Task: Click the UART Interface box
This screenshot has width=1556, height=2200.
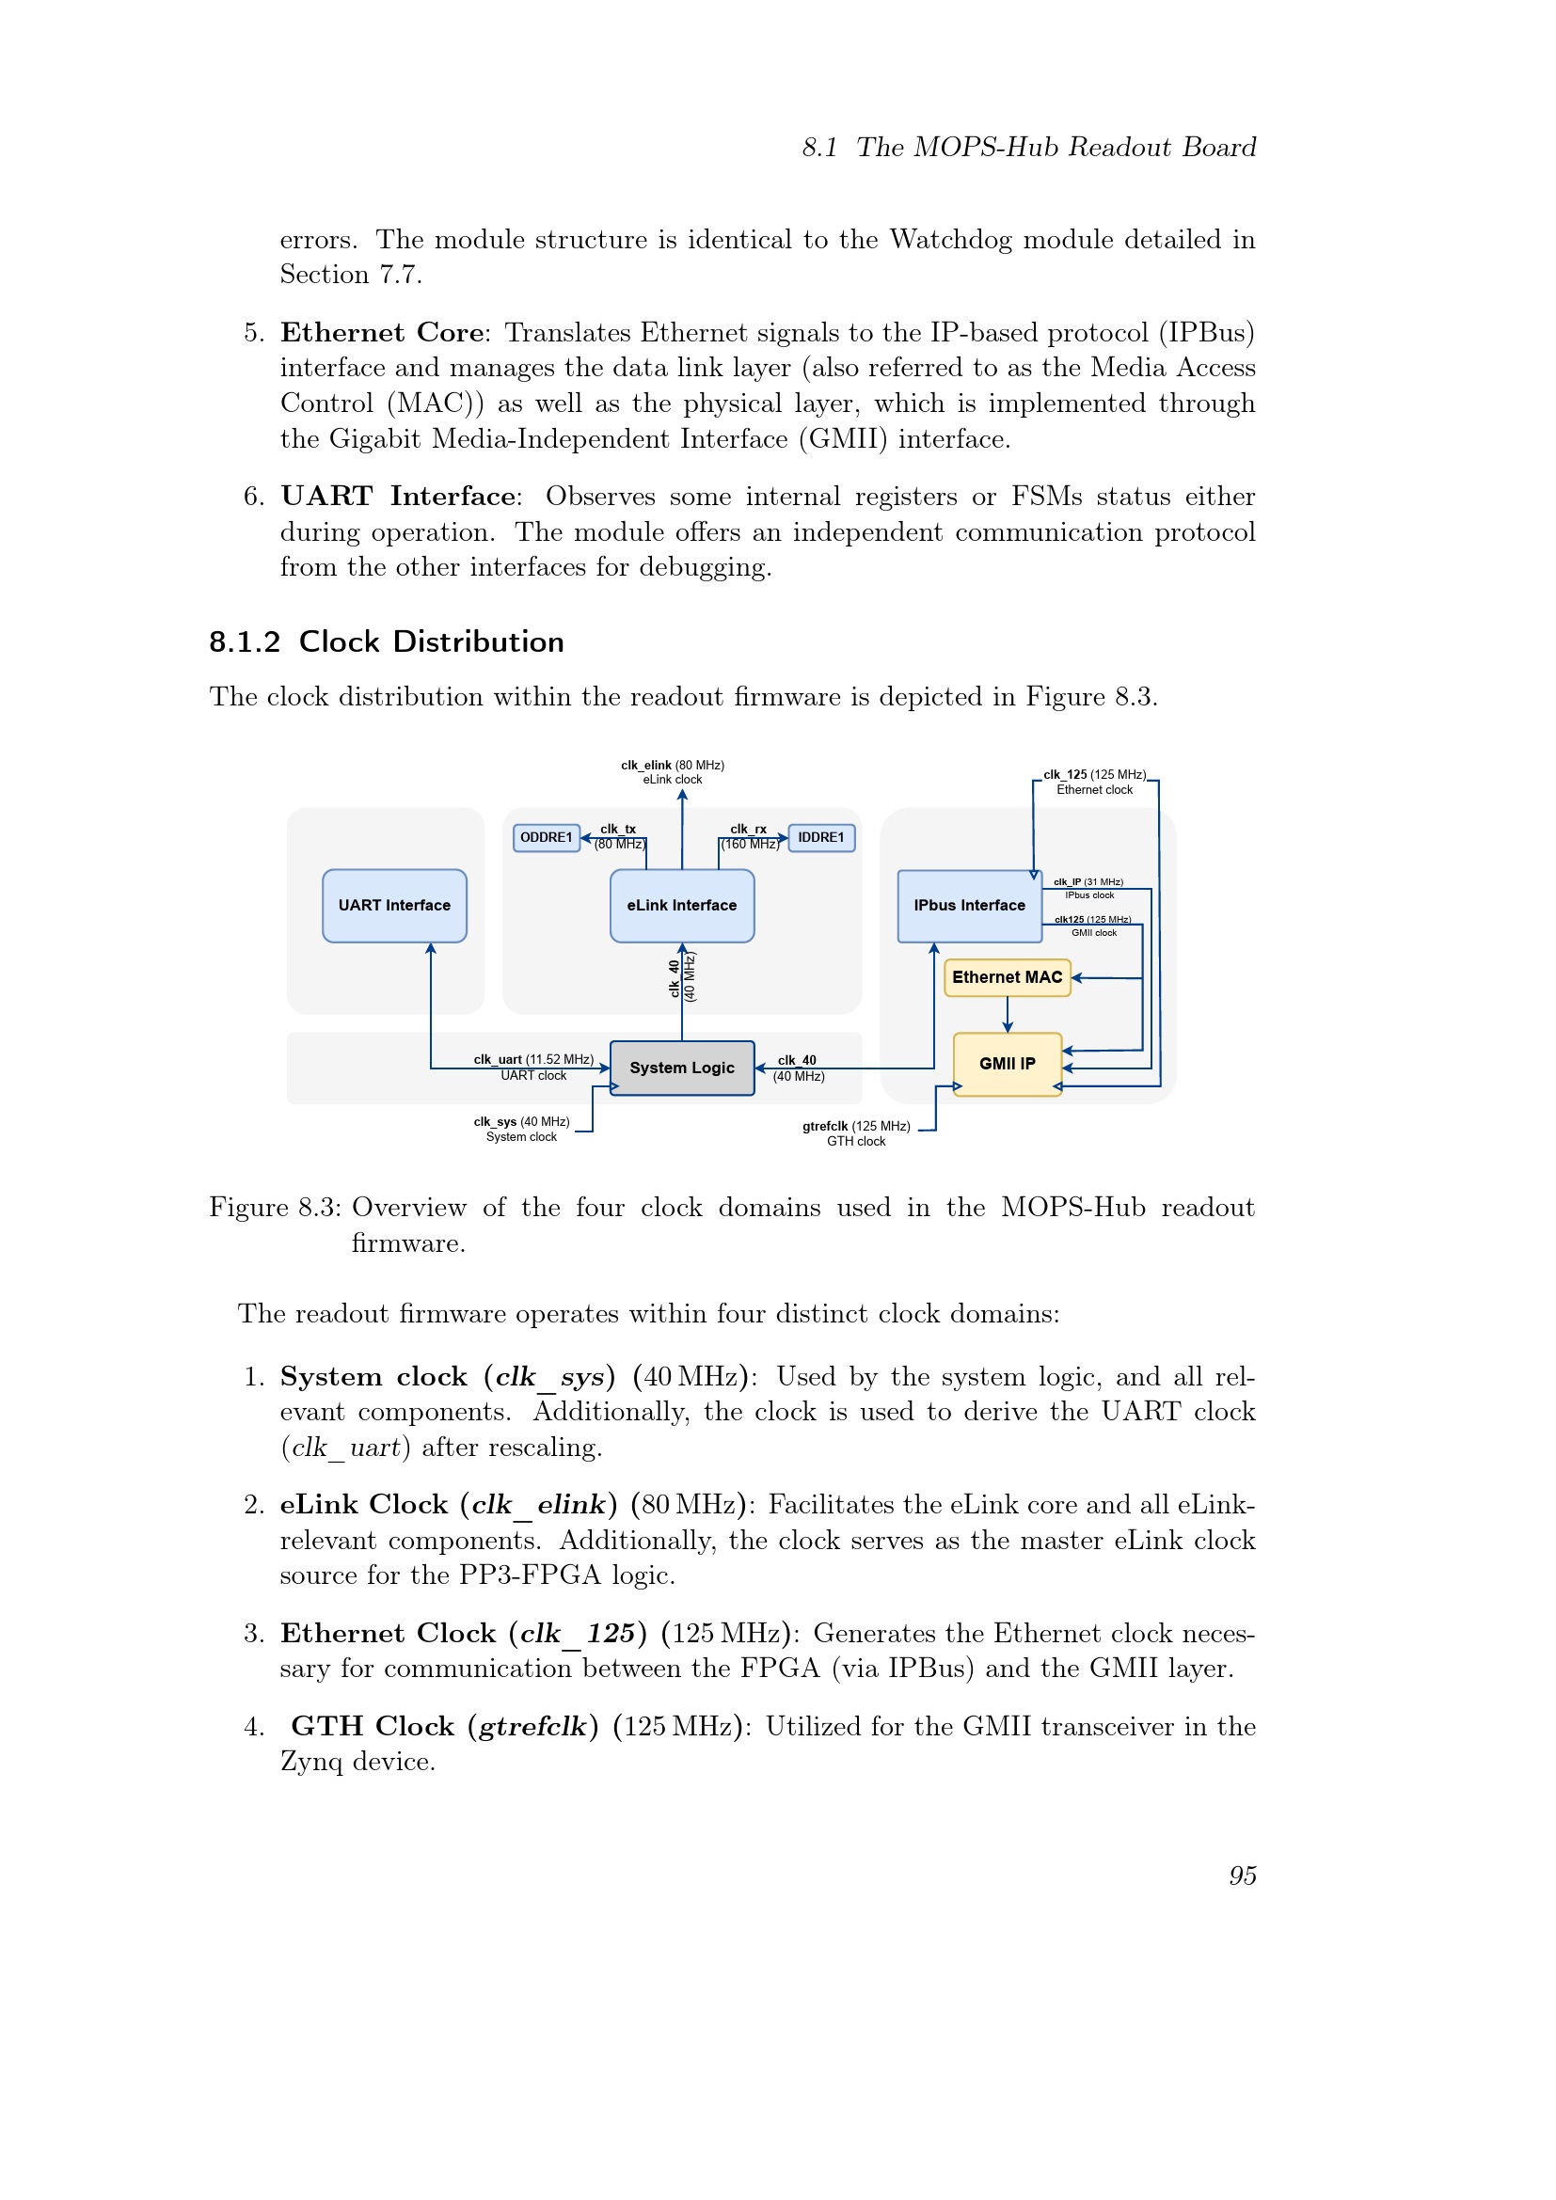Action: click(x=394, y=906)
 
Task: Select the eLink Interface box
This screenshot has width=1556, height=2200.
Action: click(x=681, y=906)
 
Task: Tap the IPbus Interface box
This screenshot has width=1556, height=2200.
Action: click(x=969, y=906)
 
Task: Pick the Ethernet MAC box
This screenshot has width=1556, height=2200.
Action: click(x=1006, y=977)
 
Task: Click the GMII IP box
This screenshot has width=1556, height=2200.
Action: click(x=1006, y=1064)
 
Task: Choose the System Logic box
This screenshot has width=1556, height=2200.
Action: click(x=681, y=1068)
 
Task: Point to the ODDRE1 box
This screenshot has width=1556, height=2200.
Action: click(x=547, y=837)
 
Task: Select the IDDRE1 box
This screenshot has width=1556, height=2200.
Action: click(x=821, y=837)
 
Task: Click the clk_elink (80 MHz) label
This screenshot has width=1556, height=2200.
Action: click(x=672, y=766)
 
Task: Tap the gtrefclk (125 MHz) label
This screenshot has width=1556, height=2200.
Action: click(x=855, y=1127)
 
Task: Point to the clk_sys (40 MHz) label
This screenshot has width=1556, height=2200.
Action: click(x=521, y=1122)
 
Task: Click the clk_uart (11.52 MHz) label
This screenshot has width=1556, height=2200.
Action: click(x=532, y=1060)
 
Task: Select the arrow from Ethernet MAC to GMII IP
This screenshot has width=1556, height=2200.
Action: click(x=1007, y=1015)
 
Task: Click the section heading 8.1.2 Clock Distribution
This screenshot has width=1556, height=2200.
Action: click(x=386, y=642)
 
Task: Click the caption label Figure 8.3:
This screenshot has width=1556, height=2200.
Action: click(x=275, y=1208)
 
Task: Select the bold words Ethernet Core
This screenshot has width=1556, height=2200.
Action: click(x=381, y=332)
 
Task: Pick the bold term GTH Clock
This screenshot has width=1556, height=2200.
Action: click(x=373, y=1727)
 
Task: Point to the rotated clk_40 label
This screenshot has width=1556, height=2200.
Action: click(x=675, y=977)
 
